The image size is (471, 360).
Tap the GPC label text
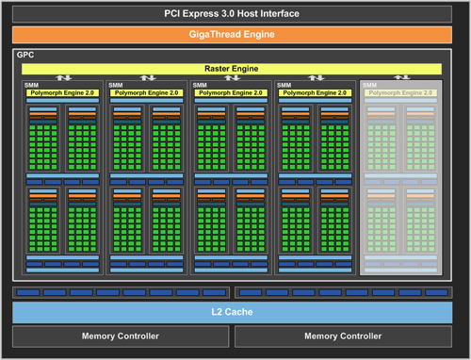coord(24,56)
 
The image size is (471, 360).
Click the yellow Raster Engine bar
coord(232,69)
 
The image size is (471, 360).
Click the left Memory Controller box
coord(120,336)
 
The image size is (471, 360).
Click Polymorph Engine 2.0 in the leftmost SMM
coord(61,93)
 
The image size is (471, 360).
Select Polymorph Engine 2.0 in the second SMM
coord(145,93)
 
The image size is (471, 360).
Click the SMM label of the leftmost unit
coord(31,85)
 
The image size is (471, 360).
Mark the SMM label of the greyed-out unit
coord(369,85)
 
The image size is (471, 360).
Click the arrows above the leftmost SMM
coord(62,78)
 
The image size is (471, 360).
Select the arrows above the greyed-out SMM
coord(401,78)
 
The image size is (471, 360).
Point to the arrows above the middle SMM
coord(231,78)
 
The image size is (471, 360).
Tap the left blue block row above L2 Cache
coord(120,293)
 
